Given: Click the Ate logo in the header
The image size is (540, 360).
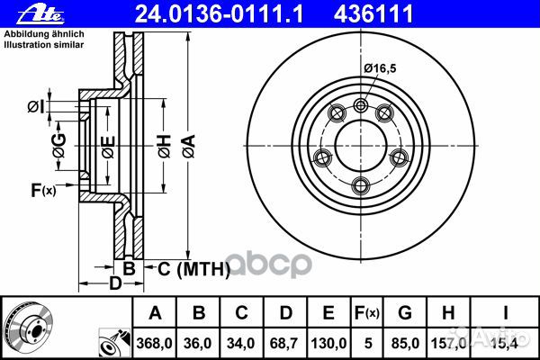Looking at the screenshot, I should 22,13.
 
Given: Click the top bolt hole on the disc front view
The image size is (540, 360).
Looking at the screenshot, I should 361,105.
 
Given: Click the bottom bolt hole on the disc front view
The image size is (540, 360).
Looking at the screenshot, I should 361,184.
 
